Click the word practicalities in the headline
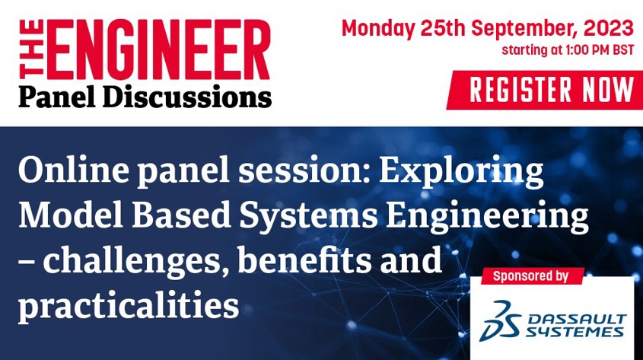(x=128, y=306)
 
